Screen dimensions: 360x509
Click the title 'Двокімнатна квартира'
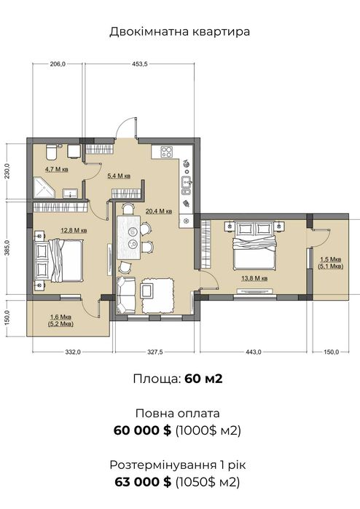click(180, 32)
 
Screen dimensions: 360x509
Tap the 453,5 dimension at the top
click(140, 64)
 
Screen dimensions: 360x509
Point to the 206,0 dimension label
click(58, 64)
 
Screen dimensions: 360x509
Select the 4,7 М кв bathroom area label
click(57, 169)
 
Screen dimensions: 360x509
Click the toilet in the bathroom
click(51, 152)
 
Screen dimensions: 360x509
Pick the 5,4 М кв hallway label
click(119, 176)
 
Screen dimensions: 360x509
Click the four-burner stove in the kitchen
click(167, 151)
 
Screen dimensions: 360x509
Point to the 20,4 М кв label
click(159, 211)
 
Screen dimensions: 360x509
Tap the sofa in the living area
click(126, 295)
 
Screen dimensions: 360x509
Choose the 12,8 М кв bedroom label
click(74, 231)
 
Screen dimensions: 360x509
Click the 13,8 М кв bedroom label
click(254, 278)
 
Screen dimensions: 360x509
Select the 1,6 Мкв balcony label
click(60, 317)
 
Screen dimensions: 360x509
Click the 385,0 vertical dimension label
click(9, 248)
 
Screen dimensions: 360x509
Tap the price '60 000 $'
click(142, 431)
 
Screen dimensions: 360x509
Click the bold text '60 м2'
click(203, 379)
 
